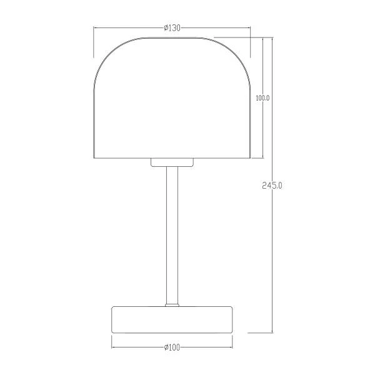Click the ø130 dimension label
click(172, 28)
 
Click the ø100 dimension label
click(172, 347)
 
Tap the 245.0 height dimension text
click(272, 186)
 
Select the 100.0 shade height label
click(262, 98)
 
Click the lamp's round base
click(172, 319)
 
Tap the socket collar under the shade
click(172, 162)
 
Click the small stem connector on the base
click(172, 305)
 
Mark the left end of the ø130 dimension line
click(94, 28)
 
